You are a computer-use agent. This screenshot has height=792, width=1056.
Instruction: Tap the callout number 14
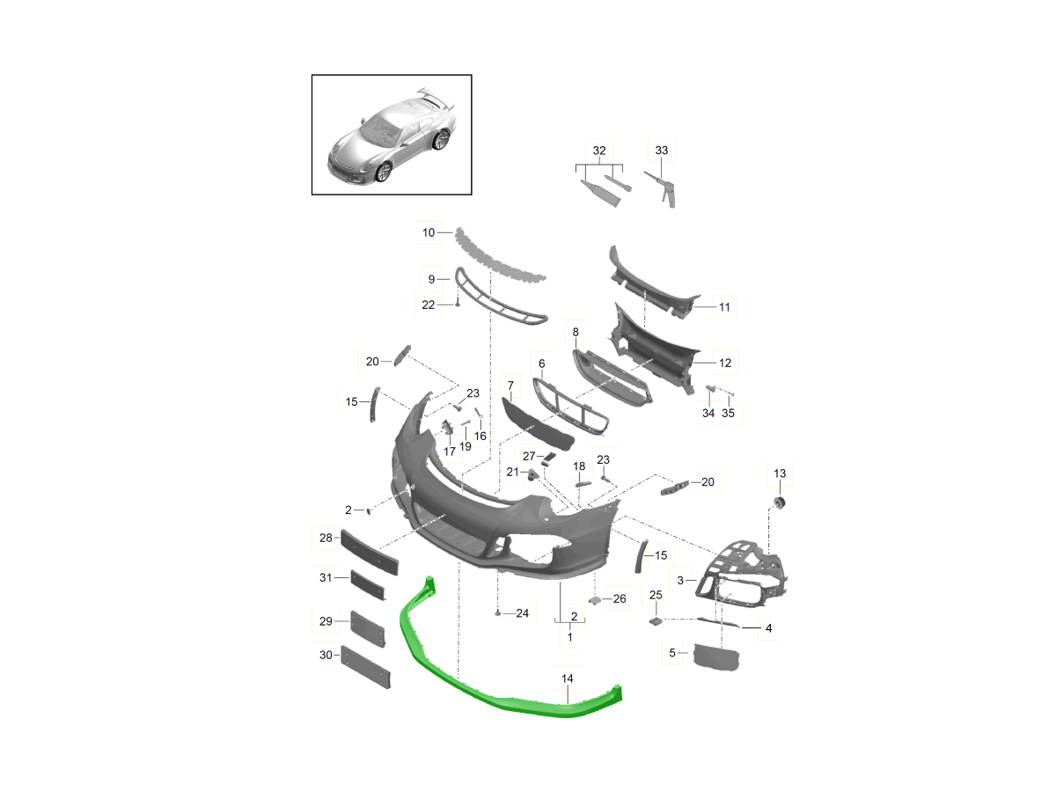point(568,678)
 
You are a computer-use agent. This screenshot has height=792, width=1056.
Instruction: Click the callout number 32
point(599,150)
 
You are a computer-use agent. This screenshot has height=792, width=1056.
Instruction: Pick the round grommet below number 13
point(779,502)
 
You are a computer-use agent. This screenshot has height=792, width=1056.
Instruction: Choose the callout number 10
point(429,233)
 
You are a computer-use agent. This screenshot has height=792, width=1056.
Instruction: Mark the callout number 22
point(429,304)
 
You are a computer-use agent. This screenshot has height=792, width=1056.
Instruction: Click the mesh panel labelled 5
point(718,656)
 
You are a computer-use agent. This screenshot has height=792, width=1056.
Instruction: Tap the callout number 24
point(522,612)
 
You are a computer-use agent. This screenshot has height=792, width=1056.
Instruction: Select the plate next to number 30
point(365,666)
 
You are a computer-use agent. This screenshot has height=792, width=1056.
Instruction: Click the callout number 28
point(325,537)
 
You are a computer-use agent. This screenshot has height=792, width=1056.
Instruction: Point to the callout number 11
point(724,307)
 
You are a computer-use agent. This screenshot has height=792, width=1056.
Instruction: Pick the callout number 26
point(620,599)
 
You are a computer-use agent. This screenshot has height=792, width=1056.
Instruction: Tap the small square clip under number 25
point(656,620)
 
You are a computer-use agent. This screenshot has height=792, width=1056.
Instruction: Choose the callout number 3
point(680,580)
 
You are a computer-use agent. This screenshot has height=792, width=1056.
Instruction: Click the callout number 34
point(708,414)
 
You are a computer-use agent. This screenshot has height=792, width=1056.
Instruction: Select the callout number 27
point(529,456)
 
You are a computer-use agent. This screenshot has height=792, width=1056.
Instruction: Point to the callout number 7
point(510,385)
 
